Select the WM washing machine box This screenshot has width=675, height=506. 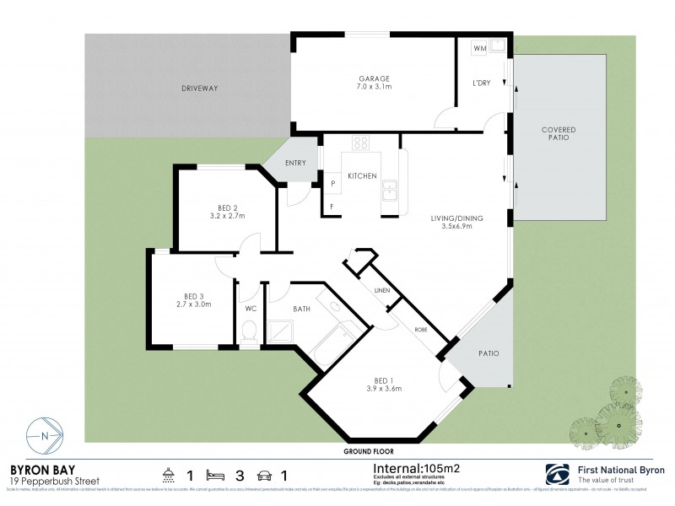click(479, 49)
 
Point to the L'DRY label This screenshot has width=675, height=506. click(482, 82)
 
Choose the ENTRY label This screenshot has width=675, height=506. click(295, 163)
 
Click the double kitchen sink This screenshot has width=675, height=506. click(390, 195)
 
